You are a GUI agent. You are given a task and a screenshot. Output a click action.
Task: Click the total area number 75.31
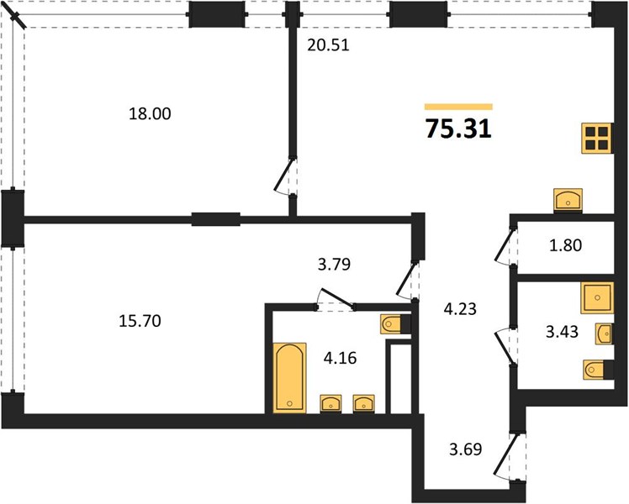[x=458, y=129]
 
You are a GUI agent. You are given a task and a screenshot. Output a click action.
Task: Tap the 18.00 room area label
[x=150, y=113]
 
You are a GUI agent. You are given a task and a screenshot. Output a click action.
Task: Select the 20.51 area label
[x=328, y=45]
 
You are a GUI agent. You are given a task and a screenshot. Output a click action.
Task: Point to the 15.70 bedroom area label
[x=140, y=321]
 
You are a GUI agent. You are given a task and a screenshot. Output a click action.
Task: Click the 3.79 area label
[x=334, y=264]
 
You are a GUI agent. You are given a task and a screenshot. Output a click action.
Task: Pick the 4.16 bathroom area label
[x=341, y=358]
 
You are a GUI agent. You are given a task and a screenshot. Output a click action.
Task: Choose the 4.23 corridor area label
[x=460, y=309]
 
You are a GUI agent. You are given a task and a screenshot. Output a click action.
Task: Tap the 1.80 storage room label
[x=565, y=245]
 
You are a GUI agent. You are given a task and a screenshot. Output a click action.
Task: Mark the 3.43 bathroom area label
[x=563, y=332]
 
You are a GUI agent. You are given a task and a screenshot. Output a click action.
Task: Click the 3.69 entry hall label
[x=465, y=449]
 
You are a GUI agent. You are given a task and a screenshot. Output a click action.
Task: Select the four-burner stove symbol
[x=597, y=139]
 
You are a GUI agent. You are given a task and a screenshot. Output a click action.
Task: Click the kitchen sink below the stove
[x=568, y=200]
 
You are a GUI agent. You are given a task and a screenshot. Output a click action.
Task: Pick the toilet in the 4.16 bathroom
[x=395, y=324]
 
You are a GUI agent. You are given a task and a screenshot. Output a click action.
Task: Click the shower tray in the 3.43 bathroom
[x=597, y=297]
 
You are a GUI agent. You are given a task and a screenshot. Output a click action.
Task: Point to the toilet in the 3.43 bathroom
[x=598, y=370]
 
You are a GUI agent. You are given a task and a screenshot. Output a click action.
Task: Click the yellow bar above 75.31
[x=458, y=107]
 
